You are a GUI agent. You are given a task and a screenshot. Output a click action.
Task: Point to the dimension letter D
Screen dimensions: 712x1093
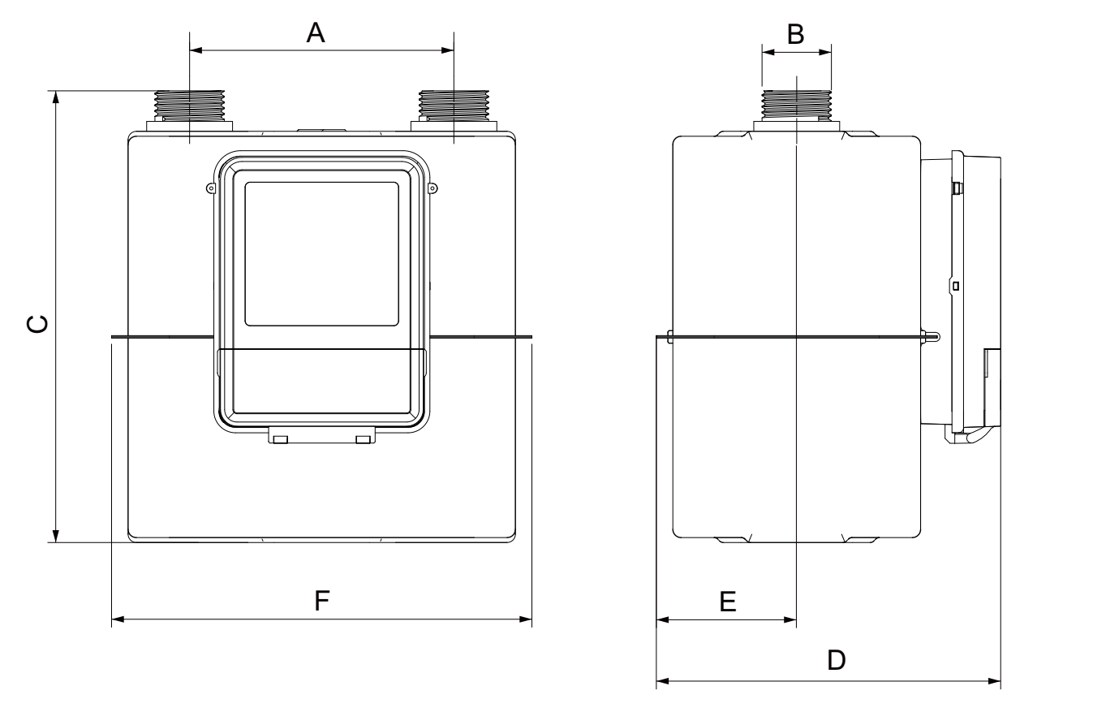(x=836, y=660)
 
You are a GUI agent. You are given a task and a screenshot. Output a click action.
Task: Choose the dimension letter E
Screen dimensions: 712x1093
(x=728, y=601)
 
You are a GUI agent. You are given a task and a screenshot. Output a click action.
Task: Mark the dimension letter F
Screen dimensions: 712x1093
(x=322, y=601)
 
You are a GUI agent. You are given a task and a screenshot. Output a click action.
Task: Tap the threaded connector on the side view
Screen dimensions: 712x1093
(x=797, y=106)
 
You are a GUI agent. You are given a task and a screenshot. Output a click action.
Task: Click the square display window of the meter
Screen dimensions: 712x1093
(x=321, y=253)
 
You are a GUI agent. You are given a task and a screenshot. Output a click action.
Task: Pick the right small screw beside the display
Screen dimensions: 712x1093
(x=432, y=188)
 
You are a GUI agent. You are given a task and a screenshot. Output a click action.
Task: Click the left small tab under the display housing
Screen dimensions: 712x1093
(x=281, y=439)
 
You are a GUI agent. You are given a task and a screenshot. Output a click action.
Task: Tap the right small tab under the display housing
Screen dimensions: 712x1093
(x=363, y=439)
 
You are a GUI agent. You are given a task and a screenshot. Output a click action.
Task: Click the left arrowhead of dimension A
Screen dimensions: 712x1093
(x=195, y=50)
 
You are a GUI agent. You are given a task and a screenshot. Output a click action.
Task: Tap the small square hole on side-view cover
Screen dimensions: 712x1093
(x=956, y=286)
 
